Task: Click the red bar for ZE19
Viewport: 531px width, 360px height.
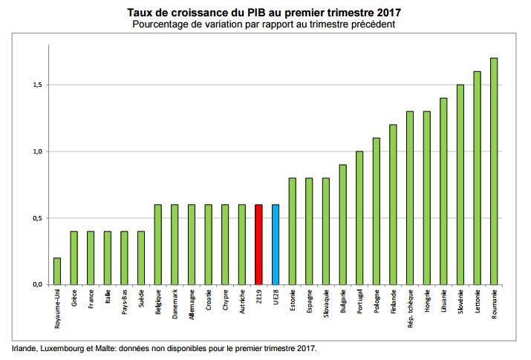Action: pyautogui.click(x=258, y=244)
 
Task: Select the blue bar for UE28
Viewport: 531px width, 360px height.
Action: pyautogui.click(x=276, y=244)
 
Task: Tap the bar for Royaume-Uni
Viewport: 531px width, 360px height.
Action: pyautogui.click(x=57, y=271)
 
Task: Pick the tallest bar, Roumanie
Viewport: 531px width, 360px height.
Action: pyautogui.click(x=494, y=171)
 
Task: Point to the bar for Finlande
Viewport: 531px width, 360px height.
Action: pyautogui.click(x=393, y=204)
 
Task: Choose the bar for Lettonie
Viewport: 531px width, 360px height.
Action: pyautogui.click(x=477, y=177)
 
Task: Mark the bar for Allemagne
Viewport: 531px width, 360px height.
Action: pyautogui.click(x=192, y=244)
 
